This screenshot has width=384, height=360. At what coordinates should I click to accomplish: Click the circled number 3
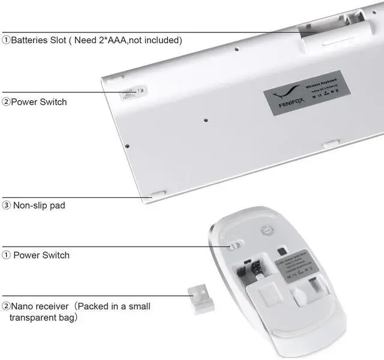click(x=7, y=205)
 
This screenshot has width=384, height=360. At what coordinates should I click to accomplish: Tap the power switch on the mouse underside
click(x=235, y=246)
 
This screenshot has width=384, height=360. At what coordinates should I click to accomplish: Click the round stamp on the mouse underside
click(x=268, y=231)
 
